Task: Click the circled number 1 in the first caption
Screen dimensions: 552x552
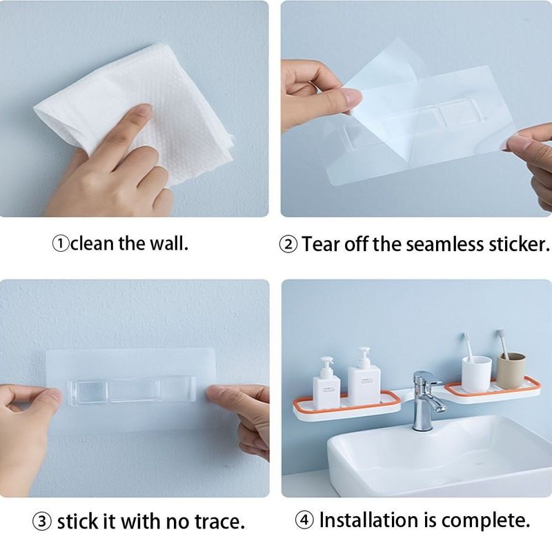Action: click(x=61, y=244)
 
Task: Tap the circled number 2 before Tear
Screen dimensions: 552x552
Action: click(x=288, y=244)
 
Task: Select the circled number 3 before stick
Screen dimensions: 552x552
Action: click(x=42, y=522)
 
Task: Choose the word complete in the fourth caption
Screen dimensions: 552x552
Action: click(x=486, y=520)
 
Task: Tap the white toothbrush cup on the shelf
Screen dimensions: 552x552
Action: click(x=476, y=374)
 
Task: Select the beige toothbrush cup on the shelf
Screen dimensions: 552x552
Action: click(x=511, y=371)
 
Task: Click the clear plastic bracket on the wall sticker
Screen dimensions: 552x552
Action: click(x=131, y=391)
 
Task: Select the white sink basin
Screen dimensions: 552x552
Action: click(x=440, y=457)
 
